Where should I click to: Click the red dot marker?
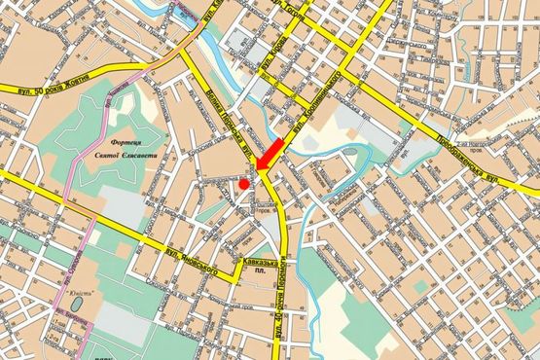pyautogui.click(x=243, y=183)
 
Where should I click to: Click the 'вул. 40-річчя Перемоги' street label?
pyautogui.click(x=290, y=311)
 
